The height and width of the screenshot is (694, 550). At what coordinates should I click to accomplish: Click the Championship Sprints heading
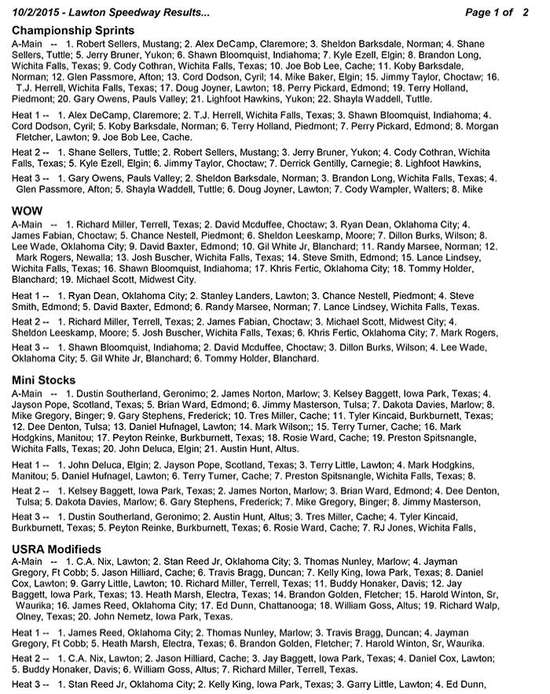pos(73,30)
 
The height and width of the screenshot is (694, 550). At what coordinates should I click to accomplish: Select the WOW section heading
pos(27,211)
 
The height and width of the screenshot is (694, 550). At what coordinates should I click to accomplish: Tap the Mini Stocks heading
pos(46,380)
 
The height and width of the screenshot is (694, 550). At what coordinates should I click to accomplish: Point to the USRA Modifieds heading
pos(56,549)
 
